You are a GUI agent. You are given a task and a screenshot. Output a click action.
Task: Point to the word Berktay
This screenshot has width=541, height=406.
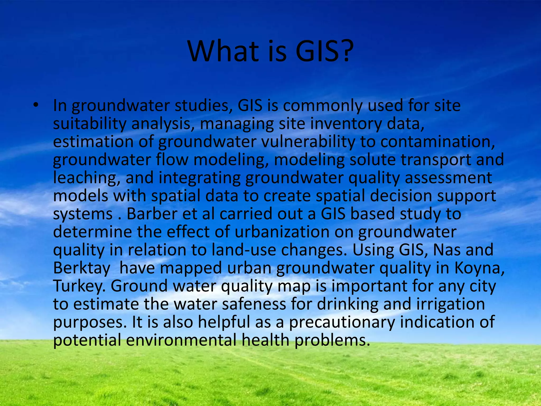[x=82, y=268]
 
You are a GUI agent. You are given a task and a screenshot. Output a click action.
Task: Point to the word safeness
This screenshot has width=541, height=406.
[x=254, y=304]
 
